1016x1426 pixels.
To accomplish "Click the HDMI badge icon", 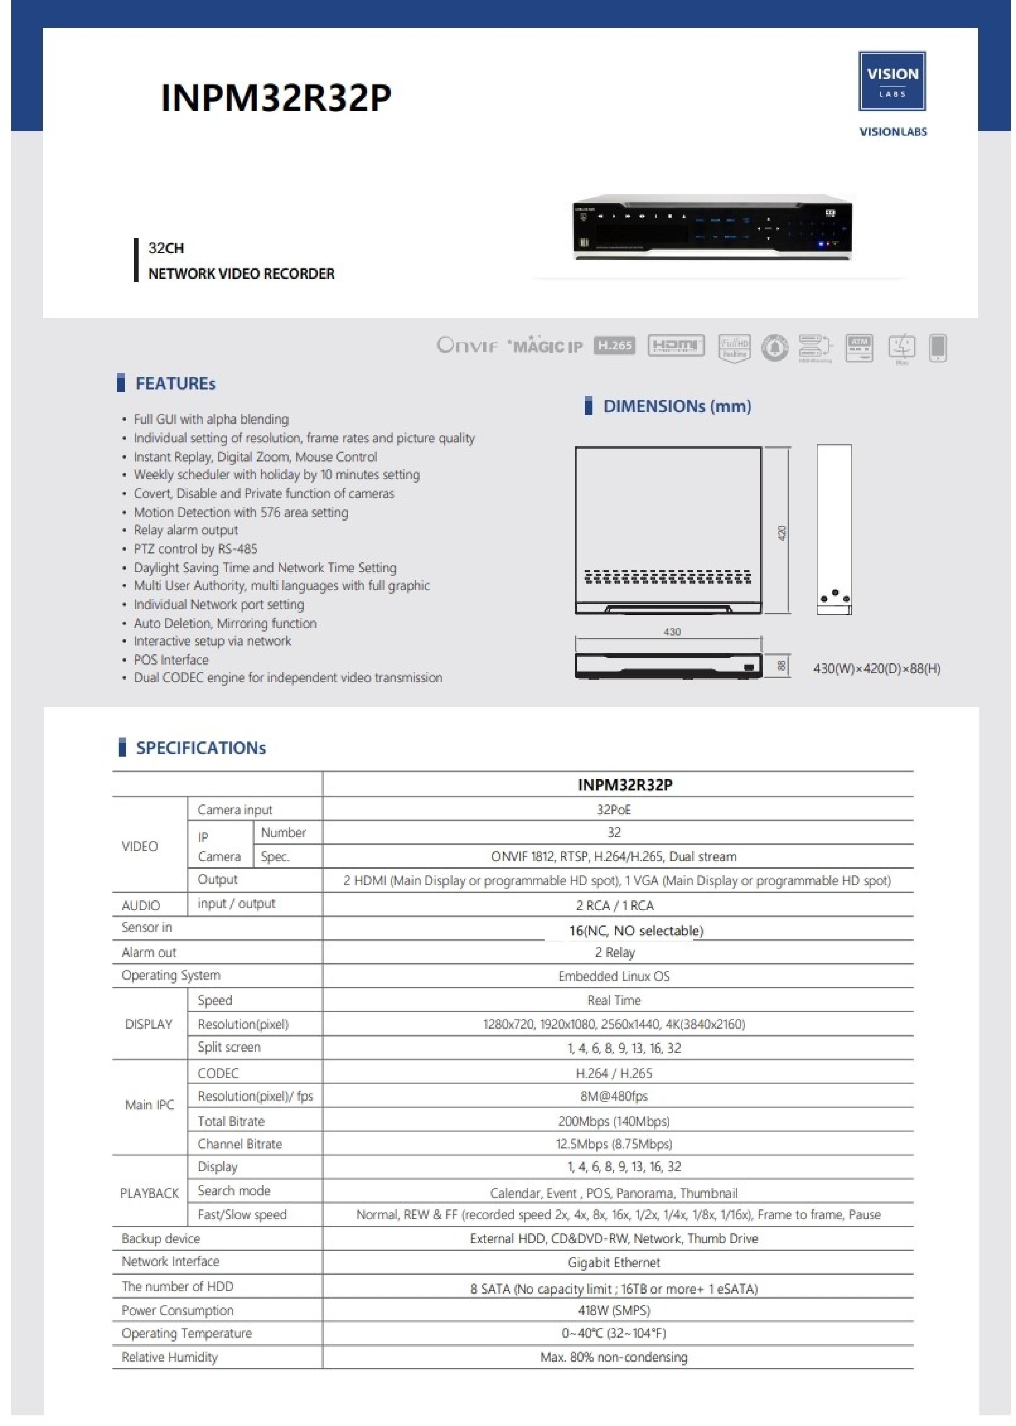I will [676, 345].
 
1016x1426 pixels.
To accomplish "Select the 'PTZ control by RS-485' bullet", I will [195, 549].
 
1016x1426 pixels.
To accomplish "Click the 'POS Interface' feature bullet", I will [171, 659].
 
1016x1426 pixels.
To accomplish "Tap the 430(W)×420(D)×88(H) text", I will [877, 668].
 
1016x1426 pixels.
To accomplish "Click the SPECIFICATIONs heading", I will [201, 748].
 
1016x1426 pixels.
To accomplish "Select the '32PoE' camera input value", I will [614, 810].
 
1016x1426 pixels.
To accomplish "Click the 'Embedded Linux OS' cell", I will [614, 976].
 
